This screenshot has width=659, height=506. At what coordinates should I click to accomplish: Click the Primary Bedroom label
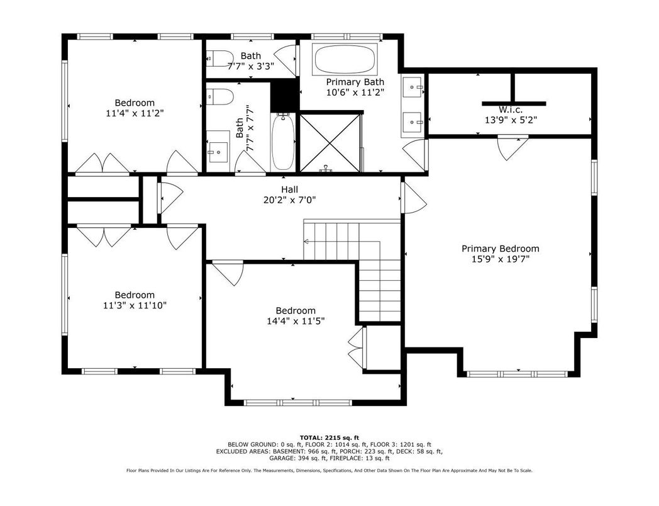click(500, 249)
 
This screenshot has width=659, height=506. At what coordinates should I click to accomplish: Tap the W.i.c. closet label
click(511, 110)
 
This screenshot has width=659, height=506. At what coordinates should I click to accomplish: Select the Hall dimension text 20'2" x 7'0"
click(290, 200)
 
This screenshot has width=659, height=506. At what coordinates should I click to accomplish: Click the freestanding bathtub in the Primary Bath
click(345, 59)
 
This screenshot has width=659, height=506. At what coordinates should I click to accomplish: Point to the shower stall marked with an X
click(330, 142)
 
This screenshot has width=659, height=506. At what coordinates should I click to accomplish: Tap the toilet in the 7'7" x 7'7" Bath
click(220, 97)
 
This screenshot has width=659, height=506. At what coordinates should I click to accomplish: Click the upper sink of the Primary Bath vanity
click(413, 87)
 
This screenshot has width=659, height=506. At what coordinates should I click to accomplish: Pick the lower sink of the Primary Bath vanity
click(413, 122)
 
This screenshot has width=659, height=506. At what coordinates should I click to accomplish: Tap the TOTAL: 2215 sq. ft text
click(329, 437)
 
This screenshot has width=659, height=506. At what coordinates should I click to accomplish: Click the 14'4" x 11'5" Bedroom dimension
click(296, 322)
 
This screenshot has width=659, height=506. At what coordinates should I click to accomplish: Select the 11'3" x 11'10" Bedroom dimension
click(135, 305)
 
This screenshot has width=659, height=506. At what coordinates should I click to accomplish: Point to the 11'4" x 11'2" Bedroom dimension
click(135, 113)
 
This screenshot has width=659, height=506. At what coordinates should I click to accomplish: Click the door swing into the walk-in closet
click(512, 148)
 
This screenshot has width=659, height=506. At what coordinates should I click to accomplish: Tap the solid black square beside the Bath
click(284, 96)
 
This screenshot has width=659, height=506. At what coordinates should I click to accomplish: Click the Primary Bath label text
click(355, 82)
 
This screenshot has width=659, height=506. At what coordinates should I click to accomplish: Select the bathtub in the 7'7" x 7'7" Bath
click(284, 142)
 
